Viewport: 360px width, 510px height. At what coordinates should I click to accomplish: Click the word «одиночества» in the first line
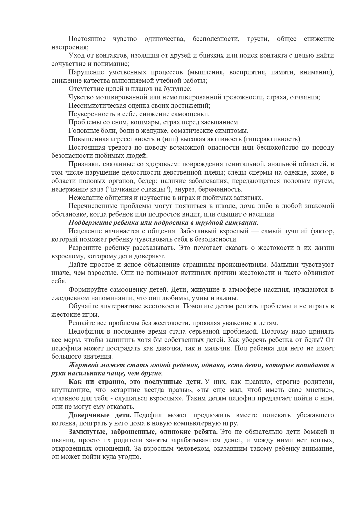point(164,39)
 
